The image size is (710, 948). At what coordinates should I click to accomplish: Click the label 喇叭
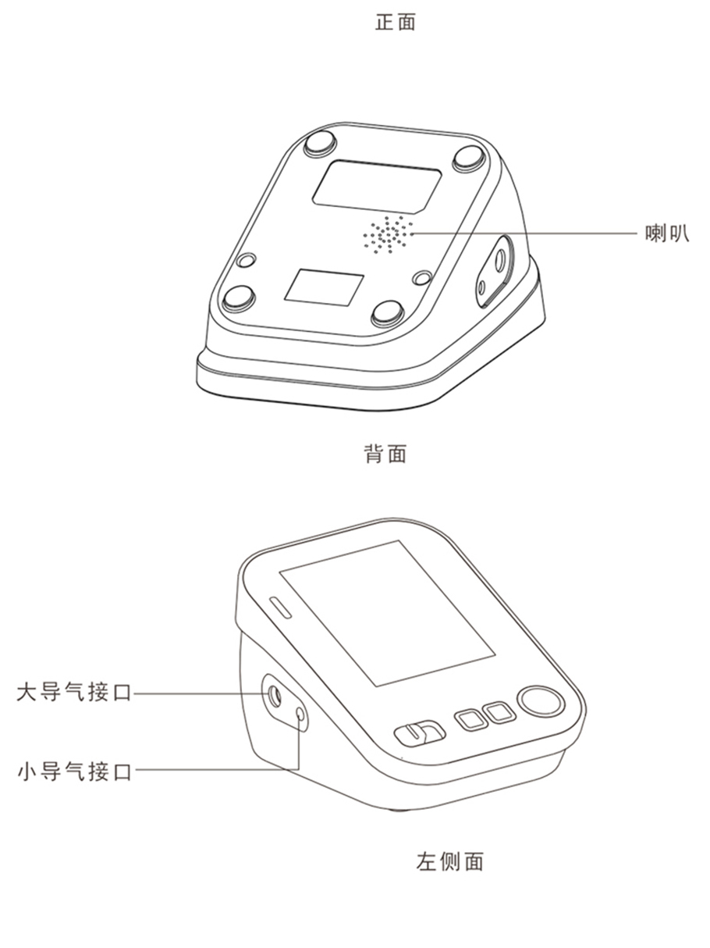667,233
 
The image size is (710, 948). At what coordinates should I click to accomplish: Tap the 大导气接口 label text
74,692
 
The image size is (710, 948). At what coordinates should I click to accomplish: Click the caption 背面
385,454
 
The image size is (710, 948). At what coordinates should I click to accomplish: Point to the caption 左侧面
450,861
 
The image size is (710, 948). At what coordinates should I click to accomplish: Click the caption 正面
396,22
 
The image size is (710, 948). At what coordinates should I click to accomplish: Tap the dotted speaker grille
388,234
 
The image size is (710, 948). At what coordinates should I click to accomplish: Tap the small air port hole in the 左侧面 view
300,715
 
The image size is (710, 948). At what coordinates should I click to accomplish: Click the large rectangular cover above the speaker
377,187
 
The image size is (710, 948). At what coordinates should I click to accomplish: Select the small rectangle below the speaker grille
324,287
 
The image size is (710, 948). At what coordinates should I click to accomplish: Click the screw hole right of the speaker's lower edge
422,278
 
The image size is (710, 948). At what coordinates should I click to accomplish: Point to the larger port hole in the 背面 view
500,261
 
